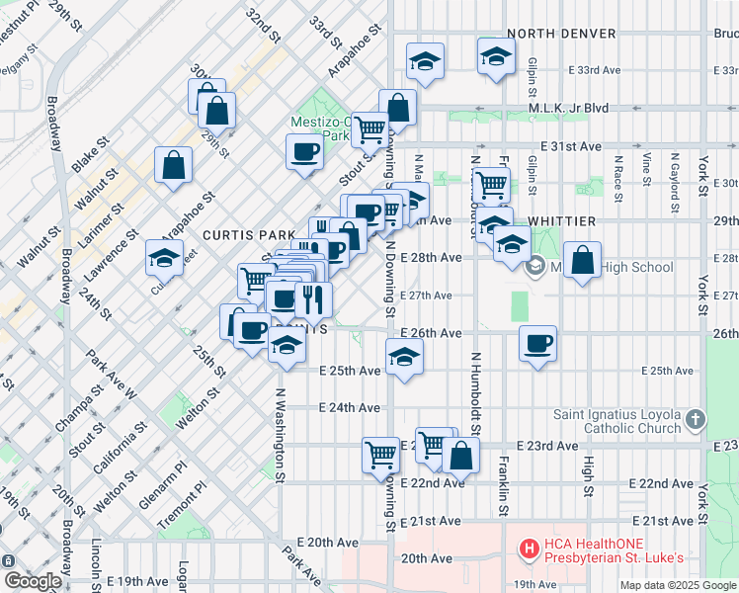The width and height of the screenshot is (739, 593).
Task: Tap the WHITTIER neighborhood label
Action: click(563, 220)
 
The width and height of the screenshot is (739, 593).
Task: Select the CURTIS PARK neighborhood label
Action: click(244, 236)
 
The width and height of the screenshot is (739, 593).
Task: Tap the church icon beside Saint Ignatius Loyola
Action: click(697, 420)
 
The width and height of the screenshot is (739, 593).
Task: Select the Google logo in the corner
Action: click(32, 581)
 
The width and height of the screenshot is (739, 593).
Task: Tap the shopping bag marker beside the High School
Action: click(584, 261)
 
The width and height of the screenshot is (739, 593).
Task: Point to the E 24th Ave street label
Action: click(350, 407)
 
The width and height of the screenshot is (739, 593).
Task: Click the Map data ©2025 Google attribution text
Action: click(677, 585)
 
